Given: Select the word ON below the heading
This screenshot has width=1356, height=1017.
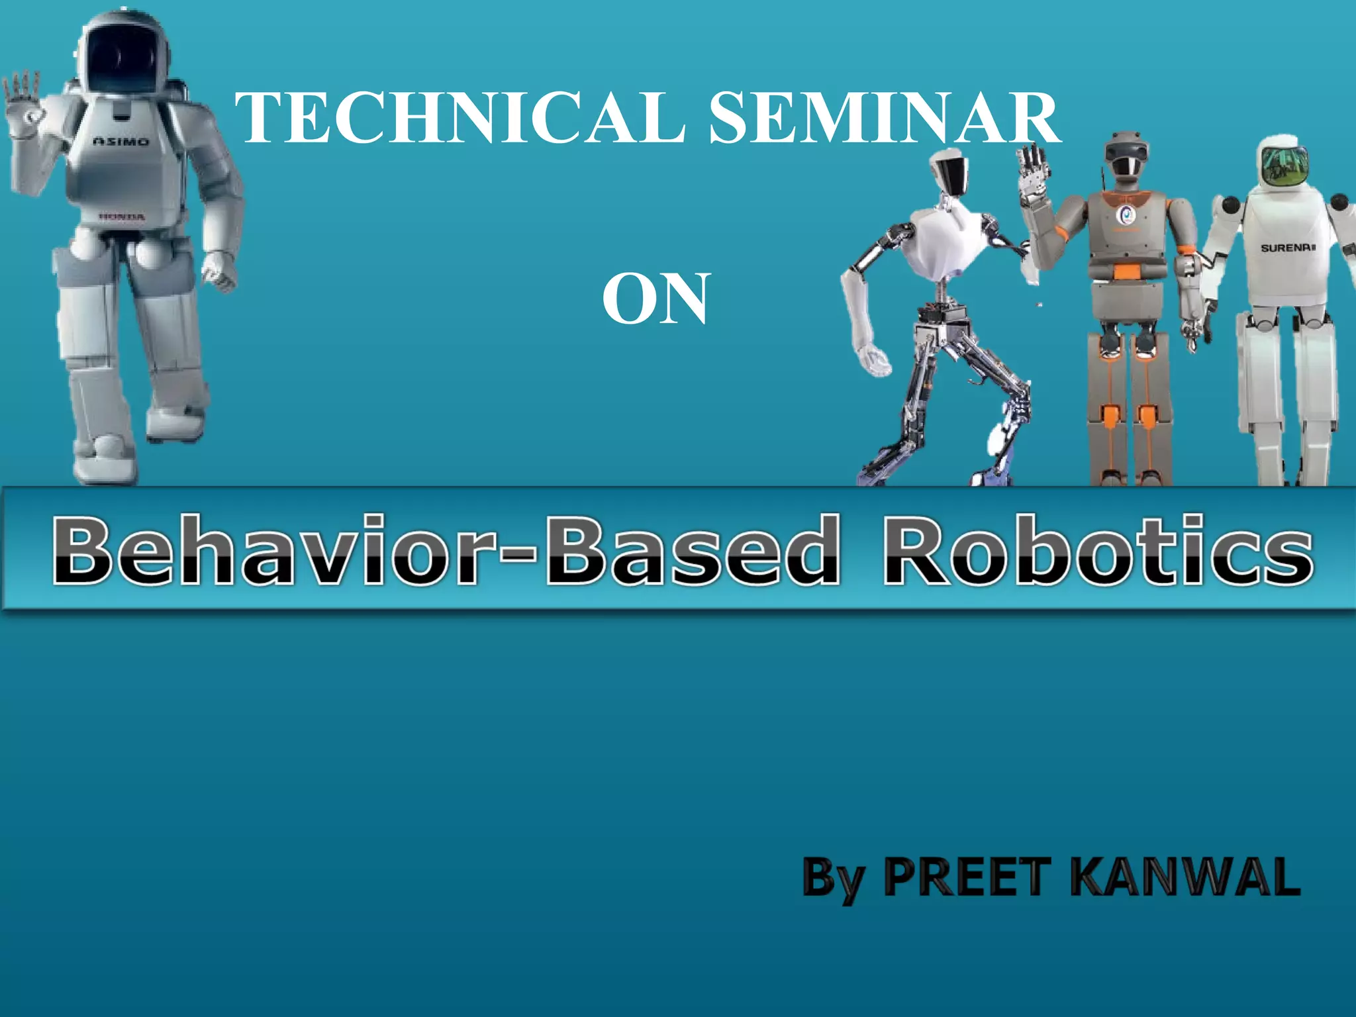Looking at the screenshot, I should point(655,299).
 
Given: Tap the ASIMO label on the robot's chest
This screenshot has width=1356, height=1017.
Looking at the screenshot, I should point(121,141).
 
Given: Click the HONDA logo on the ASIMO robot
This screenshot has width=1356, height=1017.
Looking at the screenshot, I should point(122,217).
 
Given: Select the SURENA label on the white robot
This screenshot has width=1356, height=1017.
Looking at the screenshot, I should point(1287,248).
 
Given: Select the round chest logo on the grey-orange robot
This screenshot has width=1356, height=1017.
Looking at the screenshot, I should point(1125,214).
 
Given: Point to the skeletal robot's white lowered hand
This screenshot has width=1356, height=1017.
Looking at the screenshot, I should point(875,360).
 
